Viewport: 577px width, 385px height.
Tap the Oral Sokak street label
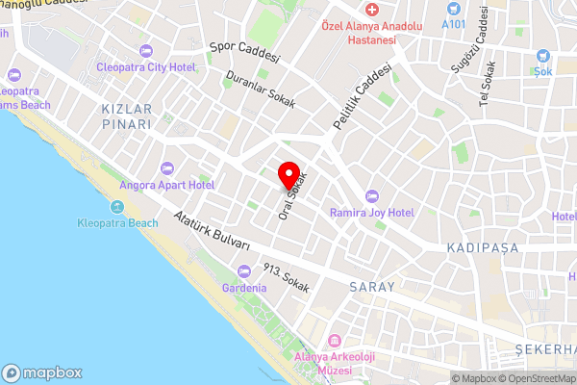point(290,194)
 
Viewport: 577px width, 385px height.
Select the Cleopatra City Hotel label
point(145,66)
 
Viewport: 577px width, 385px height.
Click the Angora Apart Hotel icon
point(167,168)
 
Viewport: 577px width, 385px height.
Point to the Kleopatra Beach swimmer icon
point(117,208)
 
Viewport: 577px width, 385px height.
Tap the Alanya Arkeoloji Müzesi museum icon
point(335,342)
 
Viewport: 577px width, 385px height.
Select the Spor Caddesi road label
point(244,51)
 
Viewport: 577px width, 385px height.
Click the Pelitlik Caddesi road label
point(363,98)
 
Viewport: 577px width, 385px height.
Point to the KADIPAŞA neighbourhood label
point(483,248)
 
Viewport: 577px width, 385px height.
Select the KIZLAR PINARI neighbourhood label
point(127,117)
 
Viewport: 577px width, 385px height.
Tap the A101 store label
point(453,22)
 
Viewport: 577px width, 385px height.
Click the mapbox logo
point(43,372)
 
